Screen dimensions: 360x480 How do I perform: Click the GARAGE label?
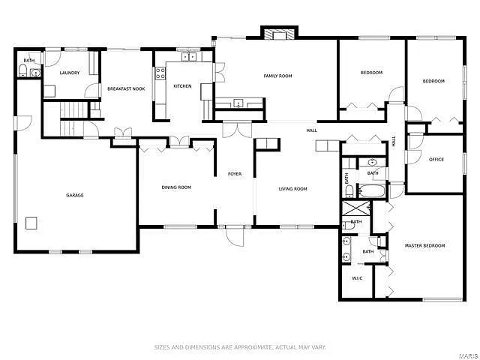click(x=74, y=195)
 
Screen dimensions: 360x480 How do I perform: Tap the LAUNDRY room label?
click(x=70, y=73)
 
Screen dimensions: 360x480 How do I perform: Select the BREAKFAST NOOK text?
click(x=126, y=89)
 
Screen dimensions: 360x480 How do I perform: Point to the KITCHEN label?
click(x=182, y=86)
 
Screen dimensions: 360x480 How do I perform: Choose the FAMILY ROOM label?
click(x=277, y=76)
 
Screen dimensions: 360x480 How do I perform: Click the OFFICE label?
click(x=436, y=159)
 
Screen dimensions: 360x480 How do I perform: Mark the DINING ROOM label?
click(x=176, y=187)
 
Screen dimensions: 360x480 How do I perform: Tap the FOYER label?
click(x=235, y=174)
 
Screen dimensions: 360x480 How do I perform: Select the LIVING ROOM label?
click(x=292, y=188)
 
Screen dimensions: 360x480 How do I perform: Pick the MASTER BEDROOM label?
click(x=424, y=245)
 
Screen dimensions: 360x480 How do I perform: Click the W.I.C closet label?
click(x=358, y=278)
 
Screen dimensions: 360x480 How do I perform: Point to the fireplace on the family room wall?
click(x=279, y=33)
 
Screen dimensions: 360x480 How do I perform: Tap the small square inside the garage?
click(x=31, y=222)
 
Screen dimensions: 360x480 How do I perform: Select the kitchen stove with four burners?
click(x=160, y=73)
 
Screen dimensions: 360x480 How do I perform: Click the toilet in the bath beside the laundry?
click(x=24, y=73)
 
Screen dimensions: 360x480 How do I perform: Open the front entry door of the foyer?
click(x=235, y=237)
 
